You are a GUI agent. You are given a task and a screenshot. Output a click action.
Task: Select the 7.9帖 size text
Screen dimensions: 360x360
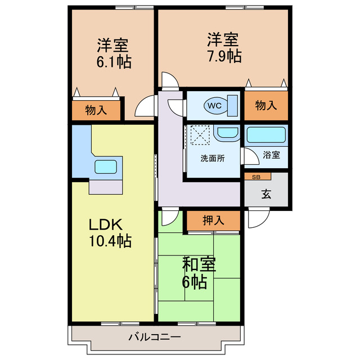pos(224,56)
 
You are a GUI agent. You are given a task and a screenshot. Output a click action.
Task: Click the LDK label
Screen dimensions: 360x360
pos(105,224)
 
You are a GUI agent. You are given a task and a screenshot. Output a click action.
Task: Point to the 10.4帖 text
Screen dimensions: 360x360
pos(111,242)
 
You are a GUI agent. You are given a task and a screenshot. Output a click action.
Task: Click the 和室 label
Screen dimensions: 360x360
pos(200,264)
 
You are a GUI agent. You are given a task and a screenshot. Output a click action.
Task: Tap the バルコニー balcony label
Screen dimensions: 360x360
pos(154,337)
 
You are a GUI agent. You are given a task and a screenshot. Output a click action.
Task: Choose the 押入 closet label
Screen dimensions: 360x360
pos(214,220)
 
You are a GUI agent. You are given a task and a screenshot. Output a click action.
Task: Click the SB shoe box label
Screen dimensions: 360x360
pos(256,177)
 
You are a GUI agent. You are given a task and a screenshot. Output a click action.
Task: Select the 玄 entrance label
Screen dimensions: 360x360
pos(265,195)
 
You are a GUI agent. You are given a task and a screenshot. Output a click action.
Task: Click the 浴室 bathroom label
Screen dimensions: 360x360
pos(272,155)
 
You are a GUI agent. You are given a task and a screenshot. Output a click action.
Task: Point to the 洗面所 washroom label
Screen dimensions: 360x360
pos(213,158)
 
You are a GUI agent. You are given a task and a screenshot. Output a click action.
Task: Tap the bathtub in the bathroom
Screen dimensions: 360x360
pos(267,136)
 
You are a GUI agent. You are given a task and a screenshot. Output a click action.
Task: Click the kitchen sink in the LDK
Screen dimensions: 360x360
pos(106,166)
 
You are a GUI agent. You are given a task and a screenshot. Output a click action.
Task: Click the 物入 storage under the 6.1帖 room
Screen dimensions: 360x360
pos(96,110)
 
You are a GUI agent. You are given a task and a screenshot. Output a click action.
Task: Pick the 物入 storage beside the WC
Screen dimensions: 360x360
pos(265,105)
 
